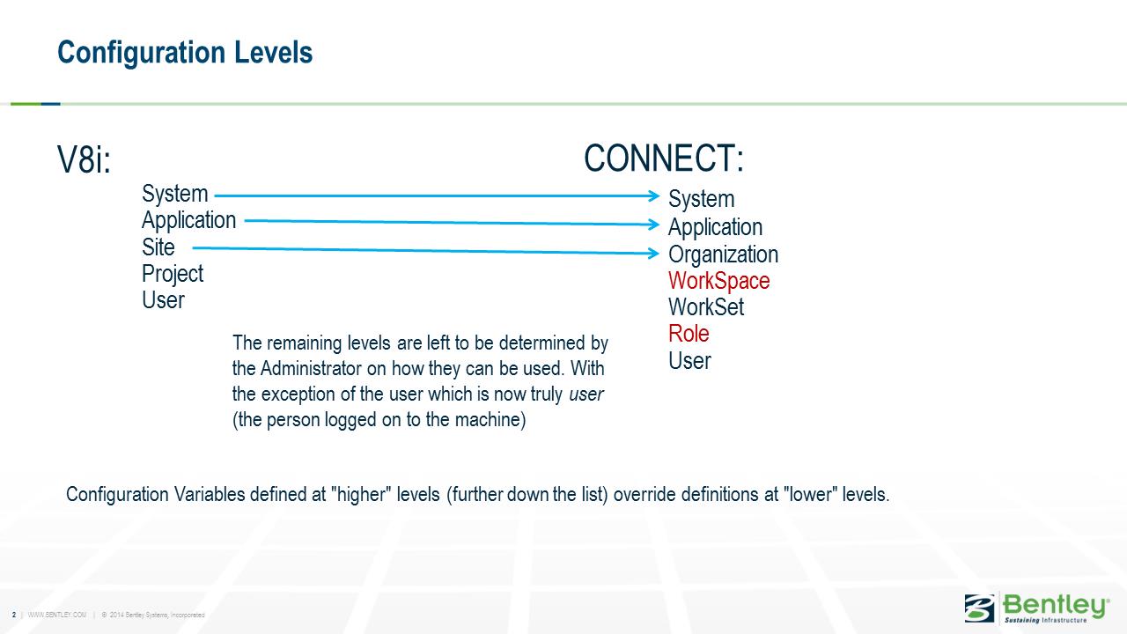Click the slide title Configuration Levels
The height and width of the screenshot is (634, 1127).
pyautogui.click(x=185, y=53)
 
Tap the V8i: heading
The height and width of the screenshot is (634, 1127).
pyautogui.click(x=84, y=159)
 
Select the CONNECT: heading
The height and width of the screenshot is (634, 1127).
pyautogui.click(x=664, y=158)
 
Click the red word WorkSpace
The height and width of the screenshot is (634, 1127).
pyautogui.click(x=719, y=281)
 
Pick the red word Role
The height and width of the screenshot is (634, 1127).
pyautogui.click(x=689, y=334)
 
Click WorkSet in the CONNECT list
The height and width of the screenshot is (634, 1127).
pyautogui.click(x=706, y=307)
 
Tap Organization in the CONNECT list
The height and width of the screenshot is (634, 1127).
pyautogui.click(x=723, y=254)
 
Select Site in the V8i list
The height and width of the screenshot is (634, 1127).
pyautogui.click(x=158, y=247)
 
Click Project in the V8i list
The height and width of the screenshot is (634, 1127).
pyautogui.click(x=173, y=274)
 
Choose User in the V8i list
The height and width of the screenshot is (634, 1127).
pyautogui.click(x=163, y=300)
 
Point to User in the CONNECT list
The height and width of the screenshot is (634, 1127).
pyautogui.click(x=689, y=361)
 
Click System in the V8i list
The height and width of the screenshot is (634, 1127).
pyautogui.click(x=174, y=194)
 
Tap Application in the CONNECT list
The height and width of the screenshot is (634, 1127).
pyautogui.click(x=715, y=227)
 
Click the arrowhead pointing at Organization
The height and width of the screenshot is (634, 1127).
pyautogui.click(x=654, y=253)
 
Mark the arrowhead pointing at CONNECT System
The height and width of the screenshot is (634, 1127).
pyautogui.click(x=654, y=195)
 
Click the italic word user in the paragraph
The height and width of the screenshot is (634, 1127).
pyautogui.click(x=586, y=394)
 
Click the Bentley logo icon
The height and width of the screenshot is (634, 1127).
pyautogui.click(x=979, y=608)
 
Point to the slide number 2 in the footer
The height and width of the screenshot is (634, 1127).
pyautogui.click(x=14, y=615)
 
